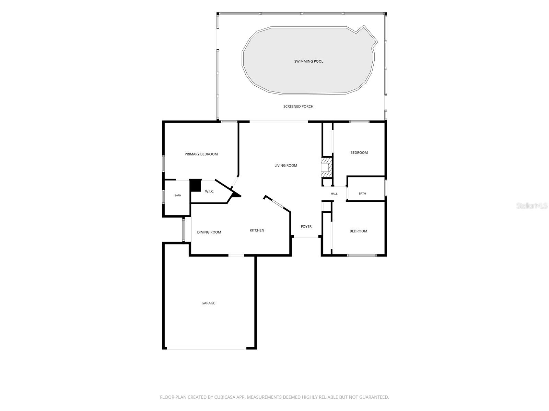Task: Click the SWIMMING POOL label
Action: [308, 61]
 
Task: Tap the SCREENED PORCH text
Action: [298, 107]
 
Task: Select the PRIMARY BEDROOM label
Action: [201, 154]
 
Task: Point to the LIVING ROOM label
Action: [285, 165]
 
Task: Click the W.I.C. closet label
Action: [210, 191]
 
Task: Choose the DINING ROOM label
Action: [209, 232]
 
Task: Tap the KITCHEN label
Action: [257, 230]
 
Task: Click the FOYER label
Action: [306, 227]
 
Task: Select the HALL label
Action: [334, 194]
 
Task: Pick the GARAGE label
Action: [208, 303]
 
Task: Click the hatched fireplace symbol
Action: [326, 167]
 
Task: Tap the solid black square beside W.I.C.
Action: [195, 185]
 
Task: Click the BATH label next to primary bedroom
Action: [178, 195]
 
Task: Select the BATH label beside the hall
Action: [362, 194]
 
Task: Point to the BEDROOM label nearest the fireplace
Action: [359, 153]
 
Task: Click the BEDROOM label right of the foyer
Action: [358, 231]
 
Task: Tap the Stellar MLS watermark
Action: [532, 206]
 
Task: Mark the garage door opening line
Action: [207, 348]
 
